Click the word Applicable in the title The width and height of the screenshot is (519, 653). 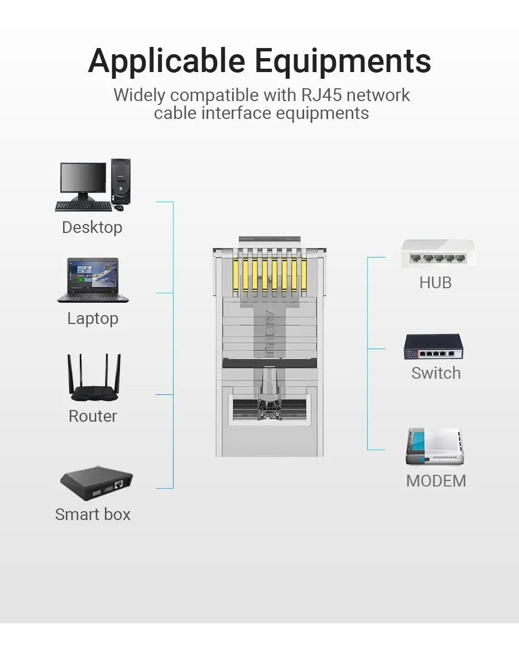pos(166,61)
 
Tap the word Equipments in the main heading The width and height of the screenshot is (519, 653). pos(343,61)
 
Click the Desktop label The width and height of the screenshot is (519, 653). pos(92,227)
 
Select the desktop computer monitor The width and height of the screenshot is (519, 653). pos(83,180)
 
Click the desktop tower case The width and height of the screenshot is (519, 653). pos(121,182)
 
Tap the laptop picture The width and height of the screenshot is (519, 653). pos(93,280)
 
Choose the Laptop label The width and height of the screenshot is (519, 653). pos(93,318)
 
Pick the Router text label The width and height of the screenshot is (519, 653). pos(93,416)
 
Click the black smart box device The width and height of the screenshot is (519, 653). pos(96,483)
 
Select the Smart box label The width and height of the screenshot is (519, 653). pos(93,514)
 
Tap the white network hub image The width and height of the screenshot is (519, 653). pos(438,253)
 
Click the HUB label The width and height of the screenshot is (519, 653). pos(435,283)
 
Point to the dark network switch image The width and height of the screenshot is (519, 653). pos(433,346)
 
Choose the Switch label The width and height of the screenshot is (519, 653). pos(436,373)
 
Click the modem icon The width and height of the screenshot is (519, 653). pos(435,446)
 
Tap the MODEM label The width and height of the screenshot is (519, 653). pos(436,481)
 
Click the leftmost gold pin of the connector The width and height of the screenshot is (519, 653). pos(236,275)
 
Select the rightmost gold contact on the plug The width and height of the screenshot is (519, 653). pos(304,275)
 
